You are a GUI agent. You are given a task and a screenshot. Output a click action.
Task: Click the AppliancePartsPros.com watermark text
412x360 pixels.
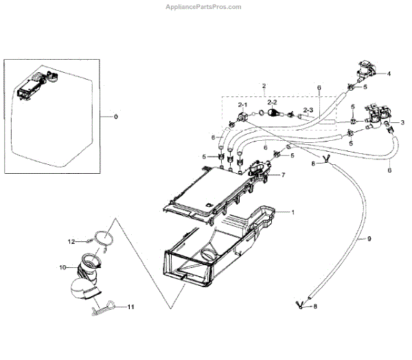[x=204, y=7]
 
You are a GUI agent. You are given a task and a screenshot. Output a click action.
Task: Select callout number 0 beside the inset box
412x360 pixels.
[x=115, y=117]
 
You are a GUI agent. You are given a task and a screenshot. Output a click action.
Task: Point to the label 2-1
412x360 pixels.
[x=242, y=104]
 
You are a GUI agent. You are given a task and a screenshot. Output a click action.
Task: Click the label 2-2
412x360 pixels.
[x=272, y=101]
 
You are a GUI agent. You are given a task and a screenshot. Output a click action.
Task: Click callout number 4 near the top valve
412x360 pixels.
[x=389, y=73]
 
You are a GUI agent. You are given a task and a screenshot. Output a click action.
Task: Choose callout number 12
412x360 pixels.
[x=70, y=241]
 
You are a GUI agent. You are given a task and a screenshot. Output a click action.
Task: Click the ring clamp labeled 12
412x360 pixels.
[x=102, y=238]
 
